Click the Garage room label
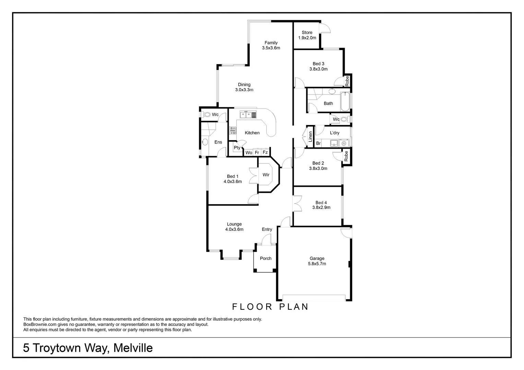(317, 261)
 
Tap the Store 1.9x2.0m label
(307, 35)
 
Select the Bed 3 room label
(318, 66)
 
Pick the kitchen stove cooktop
(233, 130)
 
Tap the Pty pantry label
(237, 148)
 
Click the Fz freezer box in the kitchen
(265, 152)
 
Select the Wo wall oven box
(249, 152)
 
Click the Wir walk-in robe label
(266, 175)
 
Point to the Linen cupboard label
(311, 136)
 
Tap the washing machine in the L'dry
(344, 143)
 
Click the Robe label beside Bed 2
(346, 156)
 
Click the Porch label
(265, 258)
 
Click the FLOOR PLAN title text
(271, 307)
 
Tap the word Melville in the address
(133, 348)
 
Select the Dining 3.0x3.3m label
(244, 87)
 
